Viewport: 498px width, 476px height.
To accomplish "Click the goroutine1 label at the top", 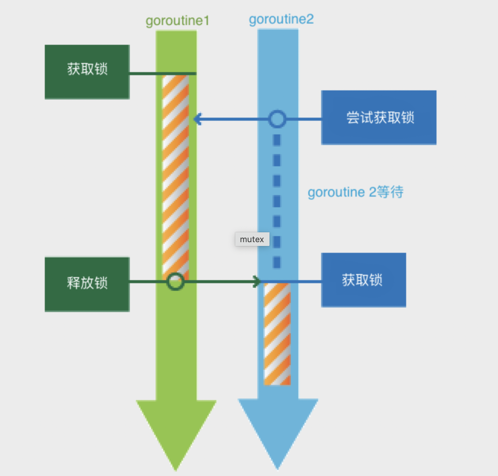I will pyautogui.click(x=177, y=20).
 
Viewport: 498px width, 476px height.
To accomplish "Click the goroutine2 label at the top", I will pyautogui.click(x=281, y=19).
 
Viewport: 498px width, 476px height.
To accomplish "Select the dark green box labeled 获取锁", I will pyautogui.click(x=87, y=72).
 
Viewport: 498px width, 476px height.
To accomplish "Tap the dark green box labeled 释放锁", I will pyautogui.click(x=87, y=284).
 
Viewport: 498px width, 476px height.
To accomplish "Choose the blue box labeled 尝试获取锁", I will pyautogui.click(x=379, y=117).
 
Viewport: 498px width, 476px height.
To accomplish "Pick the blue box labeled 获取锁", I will pyautogui.click(x=363, y=280).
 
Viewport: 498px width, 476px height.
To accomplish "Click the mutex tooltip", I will pyautogui.click(x=252, y=239).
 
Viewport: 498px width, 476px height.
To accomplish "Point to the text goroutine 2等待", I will pyautogui.click(x=355, y=192).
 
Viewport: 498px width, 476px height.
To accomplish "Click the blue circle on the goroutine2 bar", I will pyautogui.click(x=277, y=119).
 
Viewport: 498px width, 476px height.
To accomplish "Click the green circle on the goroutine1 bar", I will pyautogui.click(x=175, y=282).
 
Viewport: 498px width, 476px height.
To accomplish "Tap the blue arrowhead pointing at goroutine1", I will pyautogui.click(x=197, y=119).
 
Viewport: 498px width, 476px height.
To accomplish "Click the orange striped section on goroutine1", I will pyautogui.click(x=175, y=175).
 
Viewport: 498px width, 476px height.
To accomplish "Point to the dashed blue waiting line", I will pyautogui.click(x=277, y=201).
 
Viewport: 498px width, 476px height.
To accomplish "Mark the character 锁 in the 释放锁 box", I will pyautogui.click(x=101, y=283).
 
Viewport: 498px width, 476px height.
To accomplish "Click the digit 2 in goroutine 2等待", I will pyautogui.click(x=372, y=192).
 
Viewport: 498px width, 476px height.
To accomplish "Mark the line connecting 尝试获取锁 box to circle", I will pyautogui.click(x=303, y=119).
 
